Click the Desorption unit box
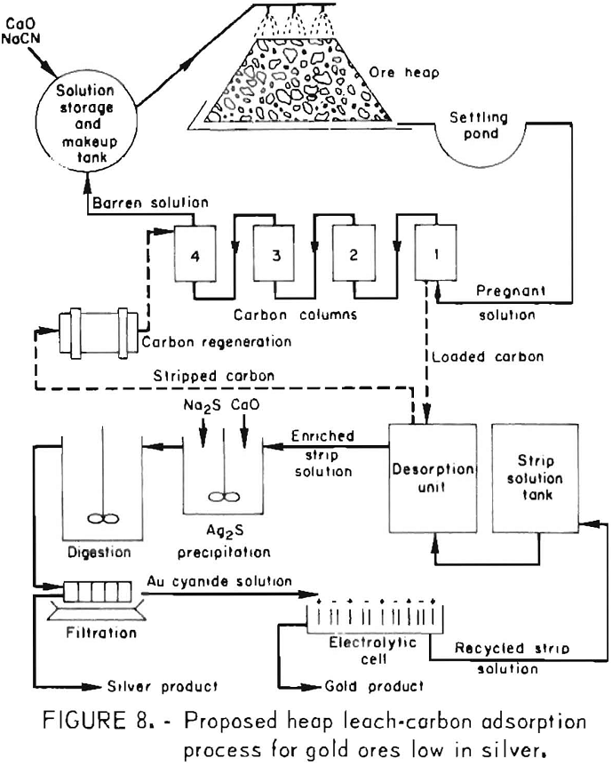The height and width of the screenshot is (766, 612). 429,481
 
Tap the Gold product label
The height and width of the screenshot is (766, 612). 364,685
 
